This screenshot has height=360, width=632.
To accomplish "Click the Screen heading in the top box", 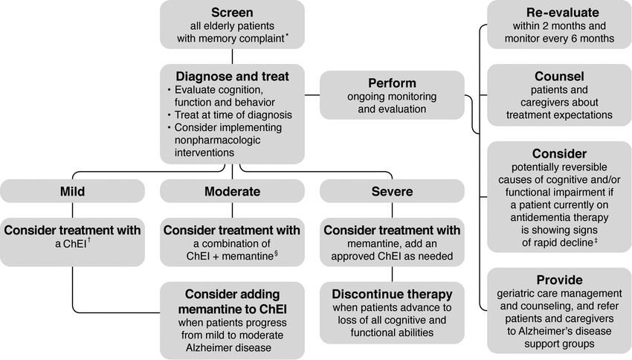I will pos(232,12).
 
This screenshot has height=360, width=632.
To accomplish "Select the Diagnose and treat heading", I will pos(231,76).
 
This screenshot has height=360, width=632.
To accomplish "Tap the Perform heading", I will pos(392,83).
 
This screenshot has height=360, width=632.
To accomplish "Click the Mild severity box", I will pos(72,191).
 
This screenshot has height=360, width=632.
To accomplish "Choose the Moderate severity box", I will pos(231,191).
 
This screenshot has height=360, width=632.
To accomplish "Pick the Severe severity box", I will pos(392,191).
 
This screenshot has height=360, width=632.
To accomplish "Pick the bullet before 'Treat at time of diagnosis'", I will pos(169,115).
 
